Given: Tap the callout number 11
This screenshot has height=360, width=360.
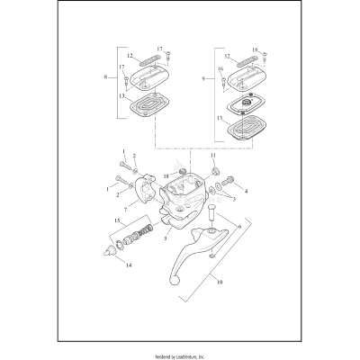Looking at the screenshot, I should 214,156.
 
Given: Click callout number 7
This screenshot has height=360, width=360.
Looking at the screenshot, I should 125,211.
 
